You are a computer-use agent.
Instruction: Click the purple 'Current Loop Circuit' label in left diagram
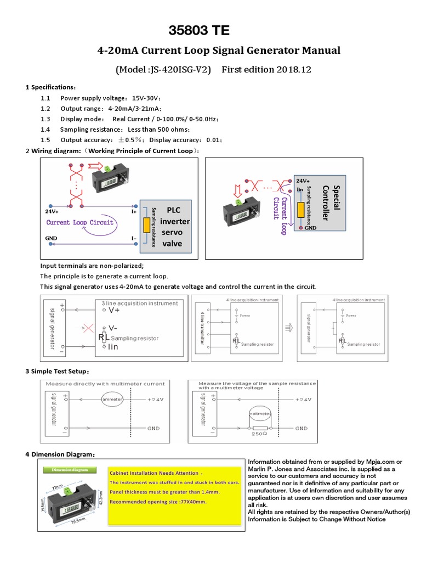[80, 222]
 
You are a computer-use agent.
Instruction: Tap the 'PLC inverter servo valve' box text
[174, 227]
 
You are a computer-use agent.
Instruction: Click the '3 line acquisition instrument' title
[140, 303]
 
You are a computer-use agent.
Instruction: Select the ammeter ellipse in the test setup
[114, 400]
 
